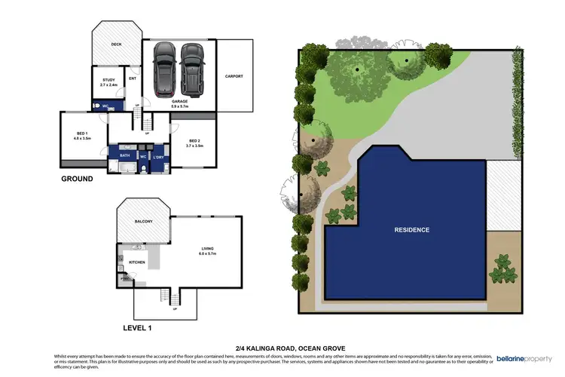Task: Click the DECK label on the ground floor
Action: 116,44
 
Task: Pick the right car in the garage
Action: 192,69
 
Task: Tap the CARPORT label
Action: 234,76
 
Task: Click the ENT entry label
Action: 133,78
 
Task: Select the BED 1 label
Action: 81,136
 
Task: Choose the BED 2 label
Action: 194,143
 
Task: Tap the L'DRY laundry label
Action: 159,157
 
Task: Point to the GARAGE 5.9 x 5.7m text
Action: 179,103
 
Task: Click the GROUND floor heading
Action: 78,179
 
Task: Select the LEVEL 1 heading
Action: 142,329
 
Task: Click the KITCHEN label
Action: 136,262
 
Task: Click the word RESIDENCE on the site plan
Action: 411,230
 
